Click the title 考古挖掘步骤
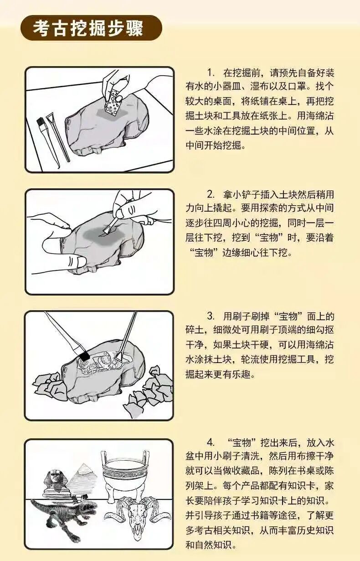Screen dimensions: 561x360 tap(88, 28)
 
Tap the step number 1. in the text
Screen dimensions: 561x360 tap(211, 73)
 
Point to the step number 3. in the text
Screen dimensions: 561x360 tap(211, 317)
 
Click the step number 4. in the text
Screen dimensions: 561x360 tap(211, 442)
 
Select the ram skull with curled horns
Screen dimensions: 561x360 tap(137, 518)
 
